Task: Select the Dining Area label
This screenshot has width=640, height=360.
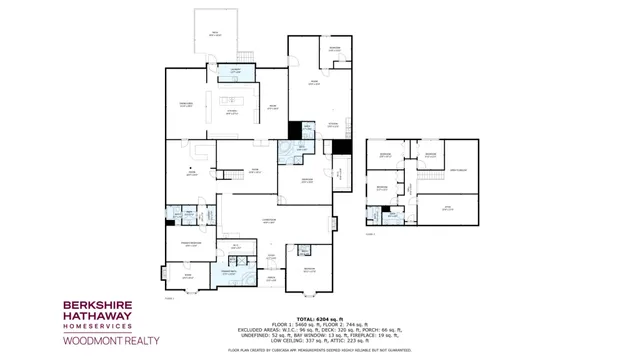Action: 185,104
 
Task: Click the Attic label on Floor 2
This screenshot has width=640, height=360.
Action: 448,207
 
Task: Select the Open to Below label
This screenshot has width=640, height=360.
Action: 458,170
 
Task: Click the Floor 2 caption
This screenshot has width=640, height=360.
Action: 370,234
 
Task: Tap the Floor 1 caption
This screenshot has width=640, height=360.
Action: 169,298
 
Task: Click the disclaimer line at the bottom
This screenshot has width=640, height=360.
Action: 319,350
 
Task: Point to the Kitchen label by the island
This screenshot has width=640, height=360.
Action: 231,112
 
